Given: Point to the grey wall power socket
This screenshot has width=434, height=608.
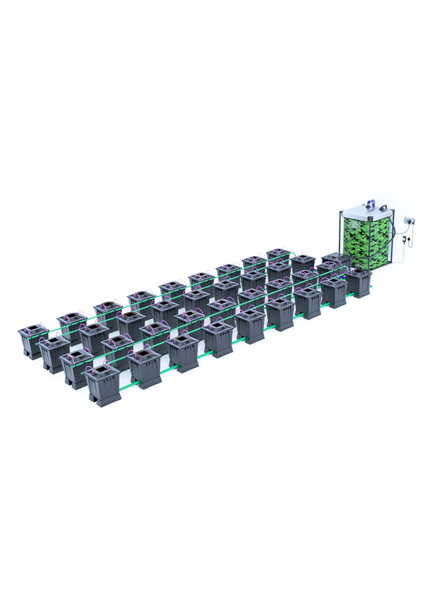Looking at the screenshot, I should click(410, 221).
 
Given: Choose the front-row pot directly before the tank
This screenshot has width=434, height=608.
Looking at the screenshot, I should click(359, 283).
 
